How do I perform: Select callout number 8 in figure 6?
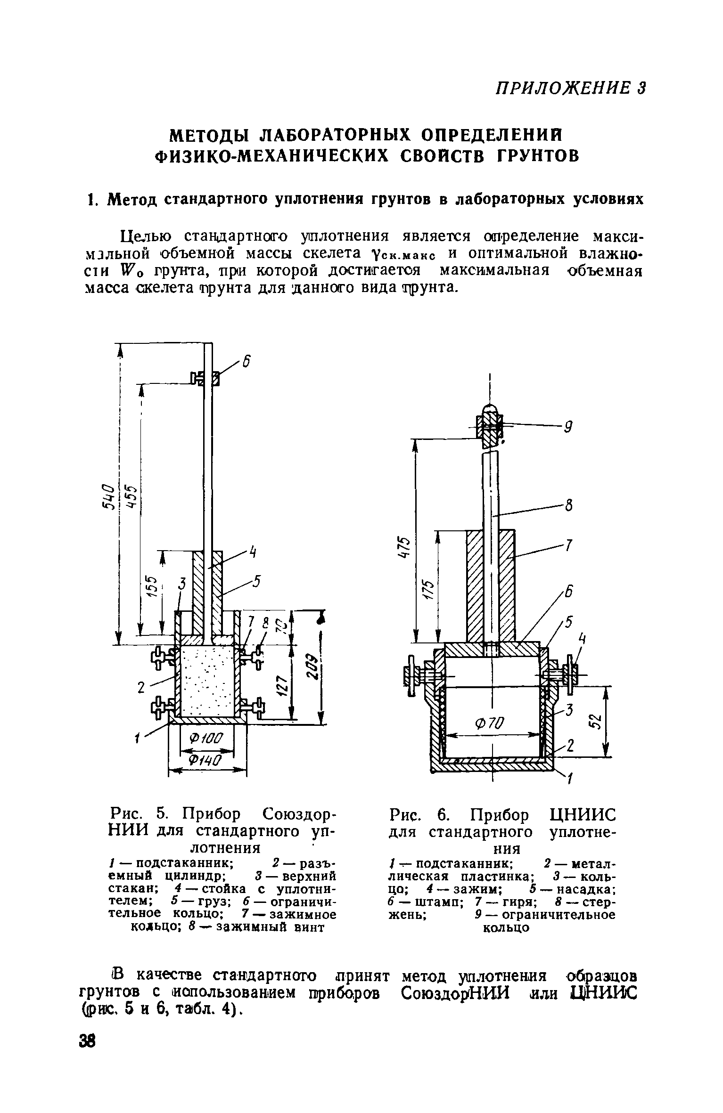point(569,506)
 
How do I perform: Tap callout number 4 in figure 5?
point(253,552)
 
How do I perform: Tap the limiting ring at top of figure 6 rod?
point(490,426)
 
